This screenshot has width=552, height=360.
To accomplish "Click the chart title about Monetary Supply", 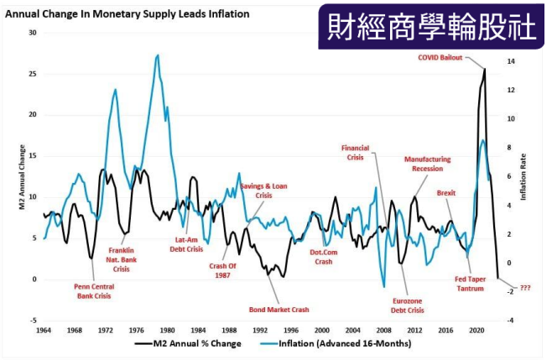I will tap(122, 13).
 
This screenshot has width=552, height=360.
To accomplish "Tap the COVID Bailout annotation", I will tap(441, 58).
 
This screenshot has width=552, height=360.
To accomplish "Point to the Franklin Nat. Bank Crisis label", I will tap(122, 259).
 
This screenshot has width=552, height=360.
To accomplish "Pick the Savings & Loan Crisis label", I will tap(263, 190).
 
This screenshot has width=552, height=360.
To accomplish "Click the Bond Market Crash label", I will tap(280, 309).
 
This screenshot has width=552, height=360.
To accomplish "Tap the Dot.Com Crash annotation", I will tap(324, 256).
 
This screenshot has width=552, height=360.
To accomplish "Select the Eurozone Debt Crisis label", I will tap(409, 305).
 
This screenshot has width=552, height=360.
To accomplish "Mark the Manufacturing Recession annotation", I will tap(427, 163).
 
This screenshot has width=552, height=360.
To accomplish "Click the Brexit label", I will tap(446, 193).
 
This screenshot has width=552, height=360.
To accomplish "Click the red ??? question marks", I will tap(525, 288).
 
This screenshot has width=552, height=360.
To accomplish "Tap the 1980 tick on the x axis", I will tap(168, 330).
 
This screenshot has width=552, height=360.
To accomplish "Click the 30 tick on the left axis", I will tap(34, 33).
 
